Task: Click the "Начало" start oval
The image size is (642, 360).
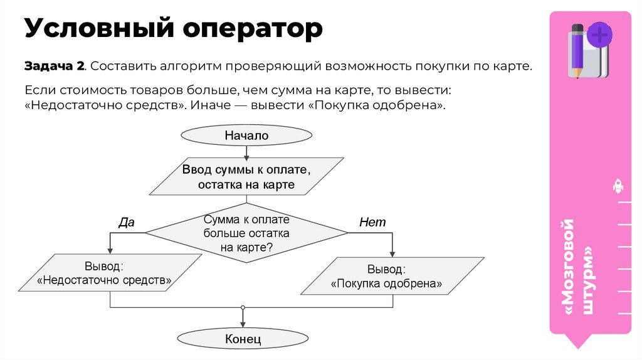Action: pyautogui.click(x=246, y=135)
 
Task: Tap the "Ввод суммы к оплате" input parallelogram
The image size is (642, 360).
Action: pyautogui.click(x=246, y=177)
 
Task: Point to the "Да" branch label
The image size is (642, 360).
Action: pyautogui.click(x=127, y=221)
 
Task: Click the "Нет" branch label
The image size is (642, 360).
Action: pyautogui.click(x=372, y=222)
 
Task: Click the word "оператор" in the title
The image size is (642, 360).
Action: pyautogui.click(x=253, y=29)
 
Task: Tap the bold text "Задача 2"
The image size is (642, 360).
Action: pyautogui.click(x=54, y=66)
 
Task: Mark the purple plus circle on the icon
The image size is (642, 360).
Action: pyautogui.click(x=600, y=34)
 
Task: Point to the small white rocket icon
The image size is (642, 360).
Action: pyautogui.click(x=617, y=186)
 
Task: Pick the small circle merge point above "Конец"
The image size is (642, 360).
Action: pyautogui.click(x=243, y=308)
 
